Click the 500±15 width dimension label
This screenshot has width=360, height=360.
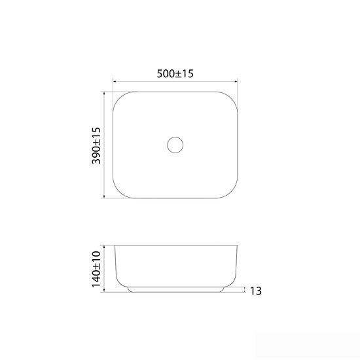[x=175, y=74]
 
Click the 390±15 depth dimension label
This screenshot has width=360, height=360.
[x=96, y=145]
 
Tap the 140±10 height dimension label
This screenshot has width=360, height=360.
[x=96, y=269]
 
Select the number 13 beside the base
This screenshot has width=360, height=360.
[x=255, y=291]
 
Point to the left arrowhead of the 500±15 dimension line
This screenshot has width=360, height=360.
[x=115, y=81]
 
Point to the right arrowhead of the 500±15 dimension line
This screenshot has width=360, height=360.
[x=236, y=81]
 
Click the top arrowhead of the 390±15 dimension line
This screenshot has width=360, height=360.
[x=104, y=93]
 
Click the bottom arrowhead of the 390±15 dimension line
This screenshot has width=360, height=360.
[x=104, y=196]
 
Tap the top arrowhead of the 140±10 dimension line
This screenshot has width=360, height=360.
[x=104, y=247]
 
